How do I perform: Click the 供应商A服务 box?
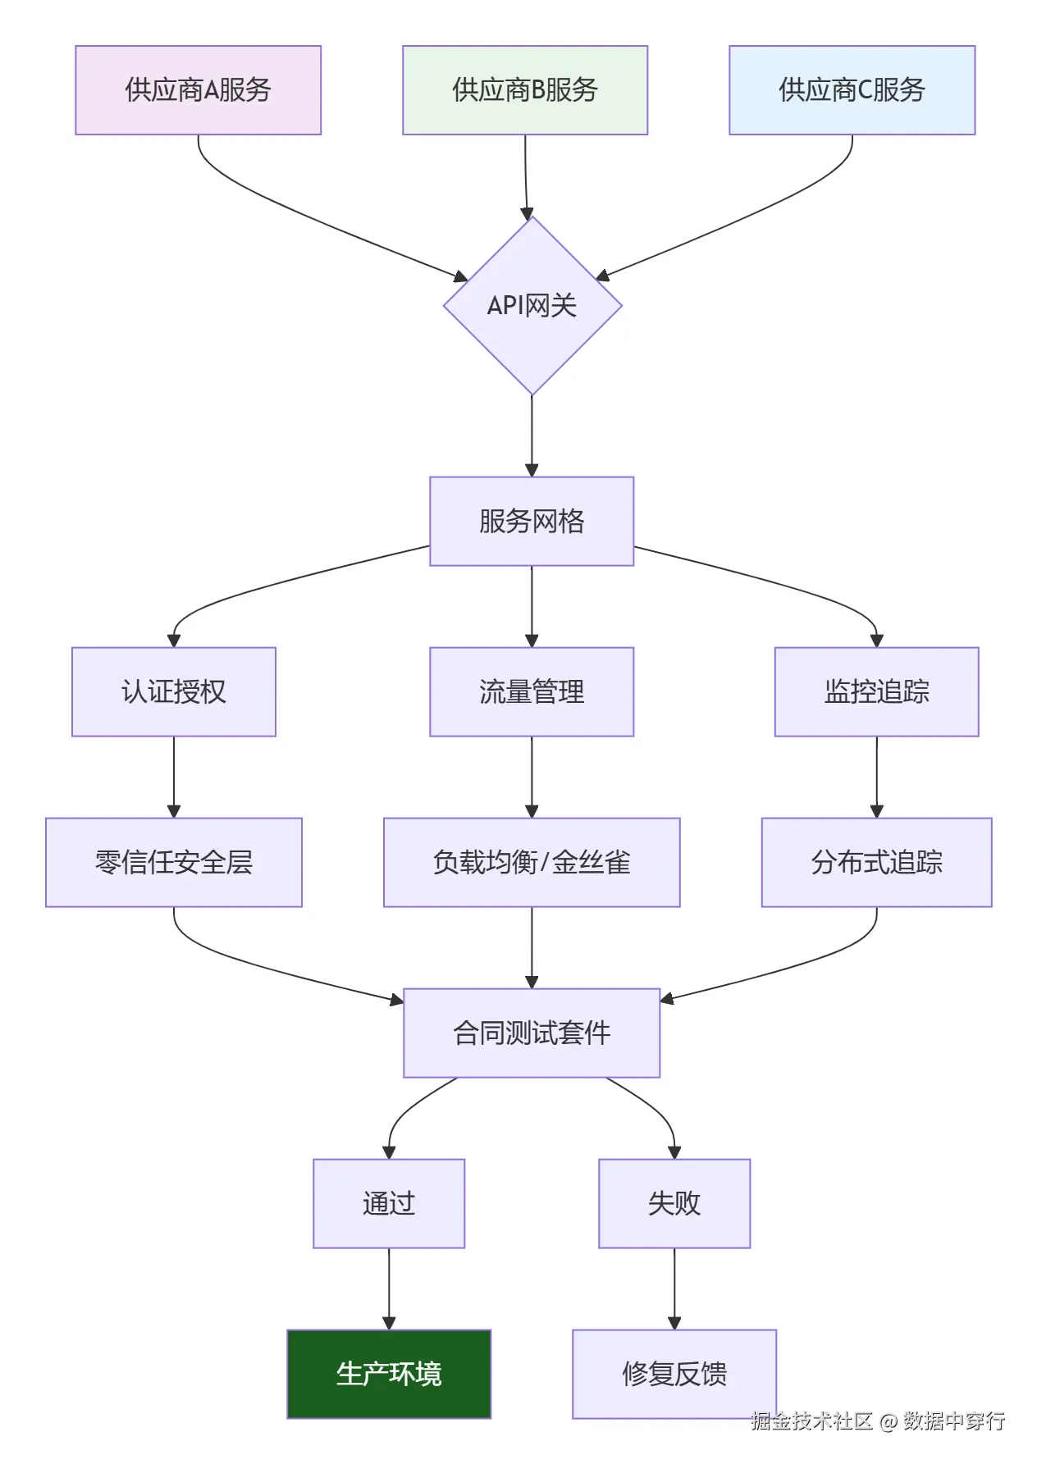click(x=198, y=90)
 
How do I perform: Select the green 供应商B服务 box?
click(x=525, y=90)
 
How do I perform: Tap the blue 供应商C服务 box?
click(x=852, y=90)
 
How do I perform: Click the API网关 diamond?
click(x=532, y=305)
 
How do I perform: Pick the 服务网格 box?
click(x=532, y=521)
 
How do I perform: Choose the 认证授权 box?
click(x=174, y=691)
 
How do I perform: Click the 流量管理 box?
click(x=532, y=691)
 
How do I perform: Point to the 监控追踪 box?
click(x=876, y=691)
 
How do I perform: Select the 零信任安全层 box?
click(x=174, y=862)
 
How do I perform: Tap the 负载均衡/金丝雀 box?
click(x=532, y=862)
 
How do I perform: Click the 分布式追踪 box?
click(x=876, y=862)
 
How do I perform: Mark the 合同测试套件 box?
click(x=532, y=1033)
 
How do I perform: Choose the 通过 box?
click(x=389, y=1203)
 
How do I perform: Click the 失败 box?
click(x=674, y=1203)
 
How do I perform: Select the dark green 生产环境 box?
click(x=389, y=1374)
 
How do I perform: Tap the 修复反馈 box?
click(x=674, y=1374)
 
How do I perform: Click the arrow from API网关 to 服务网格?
click(x=532, y=435)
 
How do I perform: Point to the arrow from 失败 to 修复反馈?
click(x=674, y=1288)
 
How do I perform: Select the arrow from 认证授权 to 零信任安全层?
click(x=174, y=776)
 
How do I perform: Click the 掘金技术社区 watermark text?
click(x=812, y=1421)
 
